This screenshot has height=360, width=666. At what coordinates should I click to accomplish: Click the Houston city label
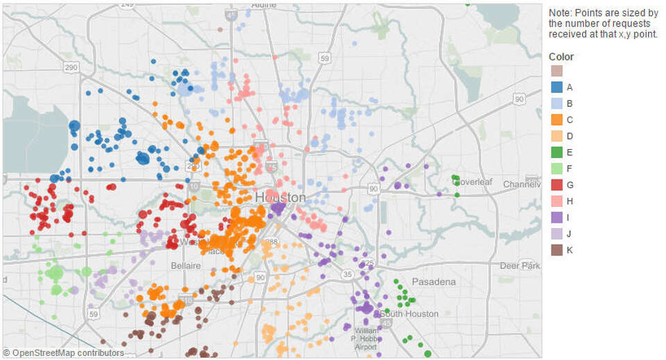tap(280, 198)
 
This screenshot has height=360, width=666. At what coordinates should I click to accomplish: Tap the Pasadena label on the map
tap(434, 282)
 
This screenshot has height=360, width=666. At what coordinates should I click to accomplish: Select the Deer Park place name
tap(520, 266)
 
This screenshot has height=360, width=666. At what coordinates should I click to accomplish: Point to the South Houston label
tap(410, 314)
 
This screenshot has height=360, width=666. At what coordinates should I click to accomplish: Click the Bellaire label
tap(186, 266)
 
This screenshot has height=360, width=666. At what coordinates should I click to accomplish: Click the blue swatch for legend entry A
tap(556, 87)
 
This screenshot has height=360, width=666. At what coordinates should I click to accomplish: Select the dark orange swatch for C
tap(556, 120)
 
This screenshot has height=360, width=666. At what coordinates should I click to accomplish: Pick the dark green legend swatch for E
tap(556, 153)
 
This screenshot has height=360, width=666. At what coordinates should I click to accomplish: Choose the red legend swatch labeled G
tap(556, 185)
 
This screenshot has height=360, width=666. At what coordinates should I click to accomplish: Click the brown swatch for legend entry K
tap(556, 250)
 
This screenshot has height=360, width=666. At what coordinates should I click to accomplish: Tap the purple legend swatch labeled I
tap(556, 218)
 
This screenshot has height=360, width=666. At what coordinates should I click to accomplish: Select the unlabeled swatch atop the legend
tap(556, 71)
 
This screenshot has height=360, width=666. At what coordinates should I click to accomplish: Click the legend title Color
tap(561, 57)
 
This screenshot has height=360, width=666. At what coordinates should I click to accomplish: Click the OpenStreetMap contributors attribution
tap(63, 353)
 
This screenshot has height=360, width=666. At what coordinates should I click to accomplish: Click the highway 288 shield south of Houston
tap(273, 242)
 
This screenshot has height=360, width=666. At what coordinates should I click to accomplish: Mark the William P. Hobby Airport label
tap(366, 338)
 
